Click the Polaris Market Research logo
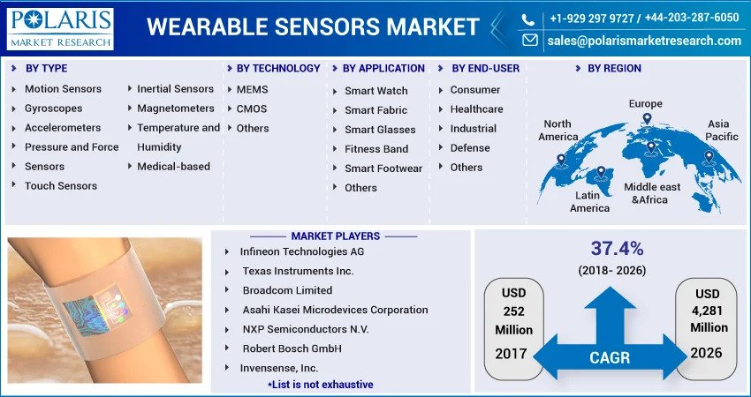coord(60,29)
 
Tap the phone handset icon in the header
coord(527,19)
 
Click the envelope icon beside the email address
coord(530,41)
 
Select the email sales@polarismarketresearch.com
coord(644,41)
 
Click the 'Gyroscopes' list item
coord(54,109)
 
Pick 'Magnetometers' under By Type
coord(176,109)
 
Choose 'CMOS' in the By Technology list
coord(252,109)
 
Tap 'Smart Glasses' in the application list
coord(380,130)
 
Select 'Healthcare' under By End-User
coord(476,109)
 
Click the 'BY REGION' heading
coord(615,69)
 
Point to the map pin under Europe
coord(647,119)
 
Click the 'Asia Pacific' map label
coord(721,130)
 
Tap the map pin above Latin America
coord(601,173)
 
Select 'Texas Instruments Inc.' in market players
coord(298,271)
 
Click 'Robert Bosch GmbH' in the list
coord(292,348)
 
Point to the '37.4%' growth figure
coord(617,249)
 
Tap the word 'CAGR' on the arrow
coord(610,358)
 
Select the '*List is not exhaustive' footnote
coord(321,385)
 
